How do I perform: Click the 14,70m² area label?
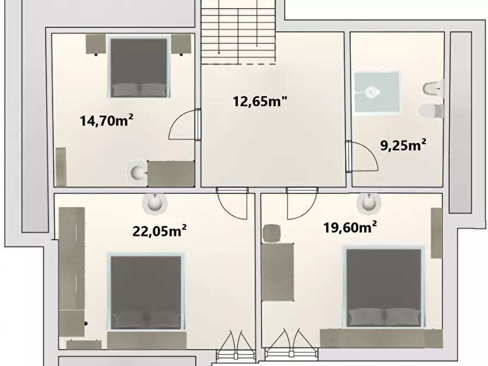pyautogui.click(x=107, y=121)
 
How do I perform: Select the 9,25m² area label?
pyautogui.click(x=403, y=145)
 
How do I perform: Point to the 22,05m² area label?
pyautogui.click(x=160, y=231)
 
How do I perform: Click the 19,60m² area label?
pyautogui.click(x=351, y=227)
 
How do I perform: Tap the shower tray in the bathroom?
pyautogui.click(x=377, y=93)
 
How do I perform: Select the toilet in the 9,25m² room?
pyautogui.click(x=431, y=111)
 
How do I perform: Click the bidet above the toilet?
pyautogui.click(x=433, y=87)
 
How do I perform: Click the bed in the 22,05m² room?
pyautogui.click(x=146, y=293)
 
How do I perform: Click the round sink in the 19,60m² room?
pyautogui.click(x=368, y=203)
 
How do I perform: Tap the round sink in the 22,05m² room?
pyautogui.click(x=155, y=203)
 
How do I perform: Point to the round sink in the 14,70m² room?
pyautogui.click(x=137, y=173)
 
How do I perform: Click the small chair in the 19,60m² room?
pyautogui.click(x=271, y=234)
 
